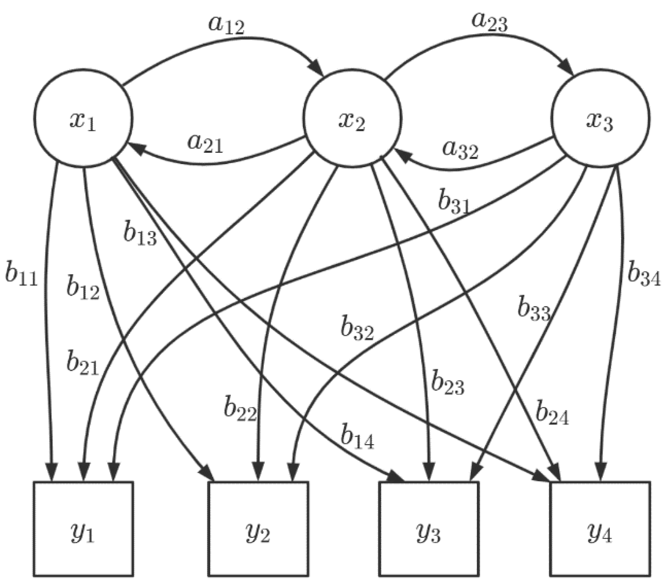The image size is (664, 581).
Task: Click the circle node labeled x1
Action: pos(83,118)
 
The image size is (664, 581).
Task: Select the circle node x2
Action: pos(351,118)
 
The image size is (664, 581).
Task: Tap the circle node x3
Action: pos(600,118)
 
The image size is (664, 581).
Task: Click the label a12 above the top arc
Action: pos(226,26)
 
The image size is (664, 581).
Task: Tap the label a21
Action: pos(205,143)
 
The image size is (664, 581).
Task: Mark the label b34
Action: pos(644,273)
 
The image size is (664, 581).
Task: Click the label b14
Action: pos(357,438)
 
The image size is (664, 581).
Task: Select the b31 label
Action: pos(454,203)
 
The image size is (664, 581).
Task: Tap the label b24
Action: pos(552,414)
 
